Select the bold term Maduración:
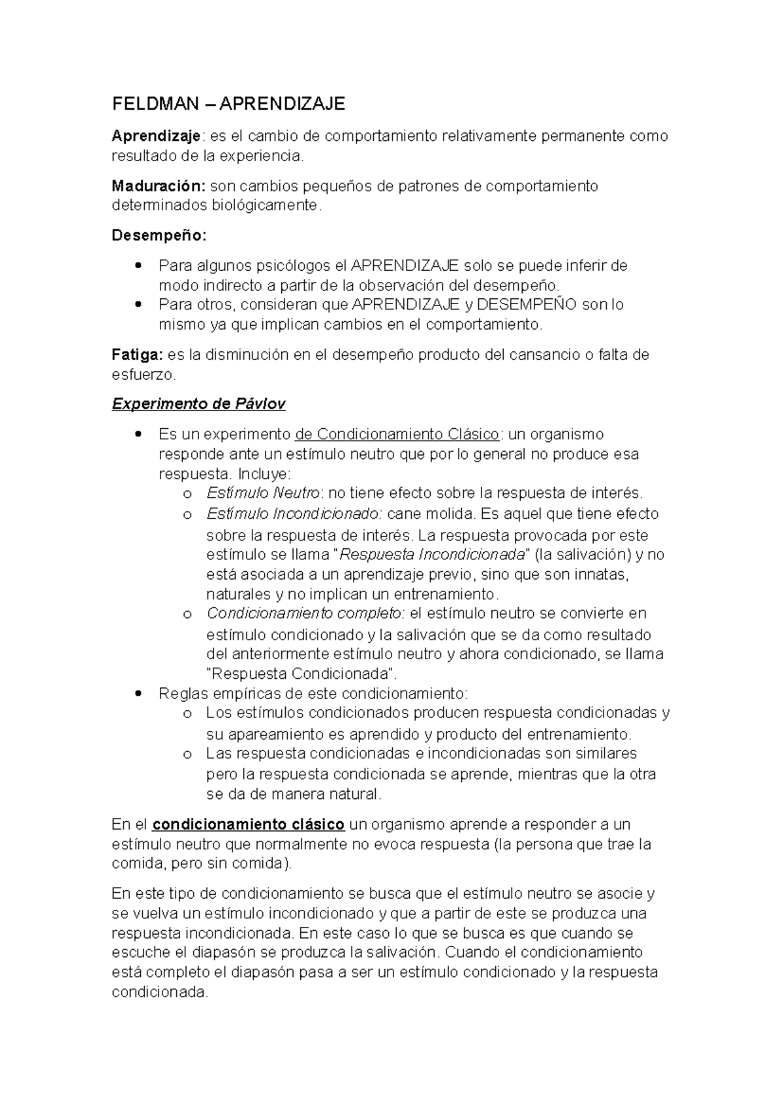pyautogui.click(x=159, y=186)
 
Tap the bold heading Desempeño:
pyautogui.click(x=159, y=235)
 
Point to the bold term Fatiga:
pyautogui.click(x=137, y=355)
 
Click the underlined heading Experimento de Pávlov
pyautogui.click(x=199, y=404)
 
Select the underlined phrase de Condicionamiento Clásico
pyautogui.click(x=397, y=434)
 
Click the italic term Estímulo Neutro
pyautogui.click(x=263, y=493)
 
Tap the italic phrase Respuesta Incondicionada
pyautogui.click(x=433, y=555)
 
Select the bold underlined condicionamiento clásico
pyautogui.click(x=249, y=824)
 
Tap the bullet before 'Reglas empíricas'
pyautogui.click(x=137, y=694)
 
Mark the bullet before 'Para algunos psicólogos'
pyautogui.click(x=137, y=266)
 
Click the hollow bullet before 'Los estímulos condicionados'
pyautogui.click(x=188, y=714)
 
